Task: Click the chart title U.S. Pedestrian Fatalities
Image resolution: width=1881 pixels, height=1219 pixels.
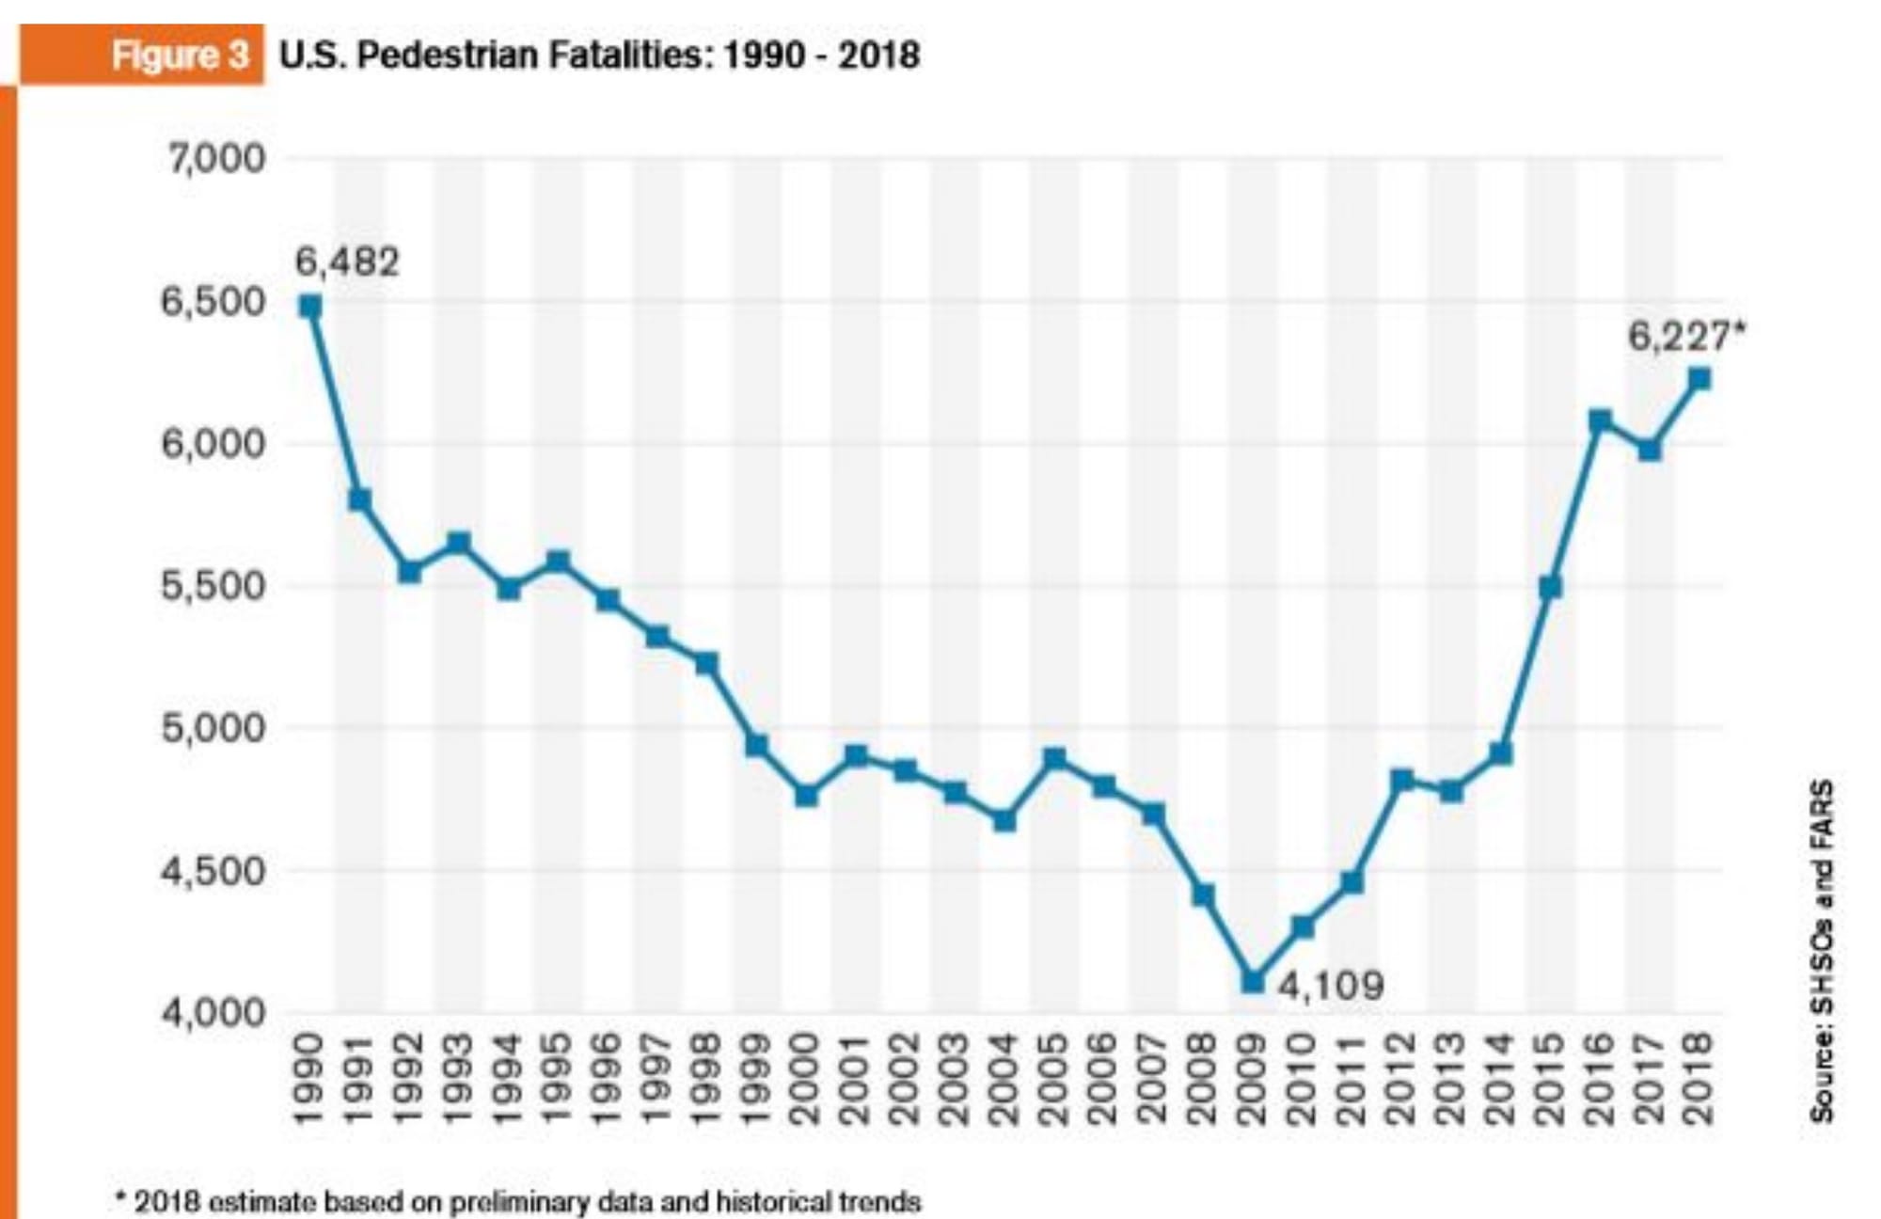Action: (599, 55)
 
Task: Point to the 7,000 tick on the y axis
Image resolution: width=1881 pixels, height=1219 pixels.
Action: (216, 159)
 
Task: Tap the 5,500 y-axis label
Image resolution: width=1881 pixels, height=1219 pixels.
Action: (214, 586)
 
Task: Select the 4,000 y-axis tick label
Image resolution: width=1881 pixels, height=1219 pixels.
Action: (214, 1013)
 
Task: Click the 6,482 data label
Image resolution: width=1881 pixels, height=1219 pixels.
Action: (347, 261)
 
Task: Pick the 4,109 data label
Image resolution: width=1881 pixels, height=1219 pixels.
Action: (1331, 986)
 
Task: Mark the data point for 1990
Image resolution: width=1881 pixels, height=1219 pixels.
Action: (310, 307)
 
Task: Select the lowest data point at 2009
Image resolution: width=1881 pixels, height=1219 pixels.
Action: (1253, 981)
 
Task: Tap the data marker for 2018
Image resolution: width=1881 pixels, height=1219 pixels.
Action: (1699, 379)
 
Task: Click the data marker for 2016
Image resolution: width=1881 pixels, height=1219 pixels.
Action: (1600, 420)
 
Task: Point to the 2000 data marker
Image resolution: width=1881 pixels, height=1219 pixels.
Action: (806, 796)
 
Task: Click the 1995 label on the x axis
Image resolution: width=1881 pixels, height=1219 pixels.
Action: (558, 1078)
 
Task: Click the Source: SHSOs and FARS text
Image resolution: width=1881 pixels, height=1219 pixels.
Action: (1822, 950)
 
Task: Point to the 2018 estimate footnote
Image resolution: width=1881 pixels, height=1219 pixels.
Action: (517, 1201)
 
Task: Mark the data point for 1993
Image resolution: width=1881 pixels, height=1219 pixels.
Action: (458, 543)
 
